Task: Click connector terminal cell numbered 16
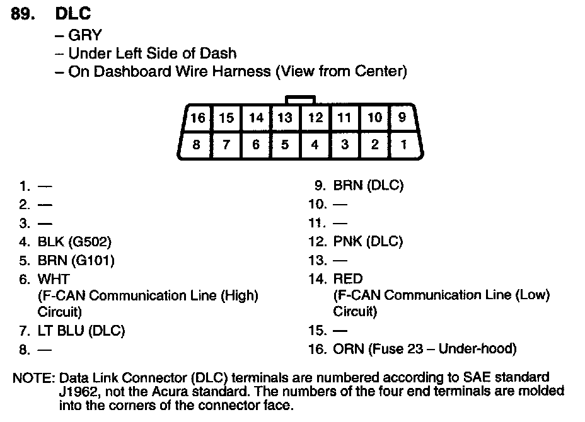[x=198, y=118]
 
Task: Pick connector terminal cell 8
[x=197, y=145]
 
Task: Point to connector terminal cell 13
[x=285, y=118]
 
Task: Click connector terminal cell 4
[x=315, y=145]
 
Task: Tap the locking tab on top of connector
[x=300, y=100]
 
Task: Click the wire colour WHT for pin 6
[x=54, y=278]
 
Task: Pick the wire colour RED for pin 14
[x=347, y=278]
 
